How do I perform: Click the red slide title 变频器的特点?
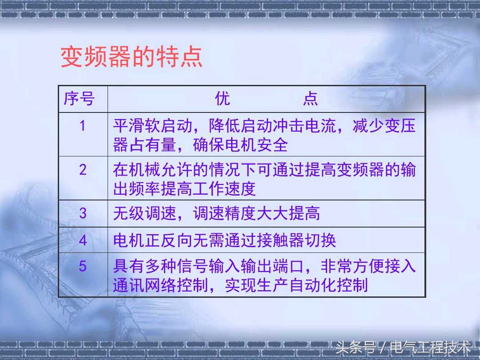pos(132,57)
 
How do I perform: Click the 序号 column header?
pos(79,99)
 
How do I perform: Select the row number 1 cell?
pos(82,126)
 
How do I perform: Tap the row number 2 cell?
pos(83,170)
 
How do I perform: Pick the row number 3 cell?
pos(83,213)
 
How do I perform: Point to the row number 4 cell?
pos(83,240)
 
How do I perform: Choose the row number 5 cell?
pos(83,266)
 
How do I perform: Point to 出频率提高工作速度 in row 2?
pos(184,189)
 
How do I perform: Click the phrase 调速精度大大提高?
pos(256,213)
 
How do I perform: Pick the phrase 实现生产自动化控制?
pos(296,285)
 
